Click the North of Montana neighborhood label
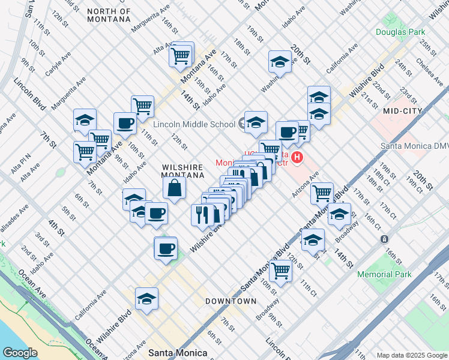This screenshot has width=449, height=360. click(108, 15)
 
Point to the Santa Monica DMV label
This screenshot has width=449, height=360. click(414, 146)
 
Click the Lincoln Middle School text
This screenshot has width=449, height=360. click(194, 124)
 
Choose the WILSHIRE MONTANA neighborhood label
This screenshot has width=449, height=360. click(182, 170)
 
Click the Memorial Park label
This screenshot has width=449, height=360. click(393, 274)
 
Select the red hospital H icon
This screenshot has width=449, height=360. click(297, 158)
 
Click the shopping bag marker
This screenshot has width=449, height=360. click(174, 188)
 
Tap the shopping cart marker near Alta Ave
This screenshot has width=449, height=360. click(181, 55)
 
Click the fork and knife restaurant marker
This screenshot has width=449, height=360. click(202, 214)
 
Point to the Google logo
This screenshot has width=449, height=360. click(20, 352)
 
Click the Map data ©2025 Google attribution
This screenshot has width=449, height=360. click(411, 355)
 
